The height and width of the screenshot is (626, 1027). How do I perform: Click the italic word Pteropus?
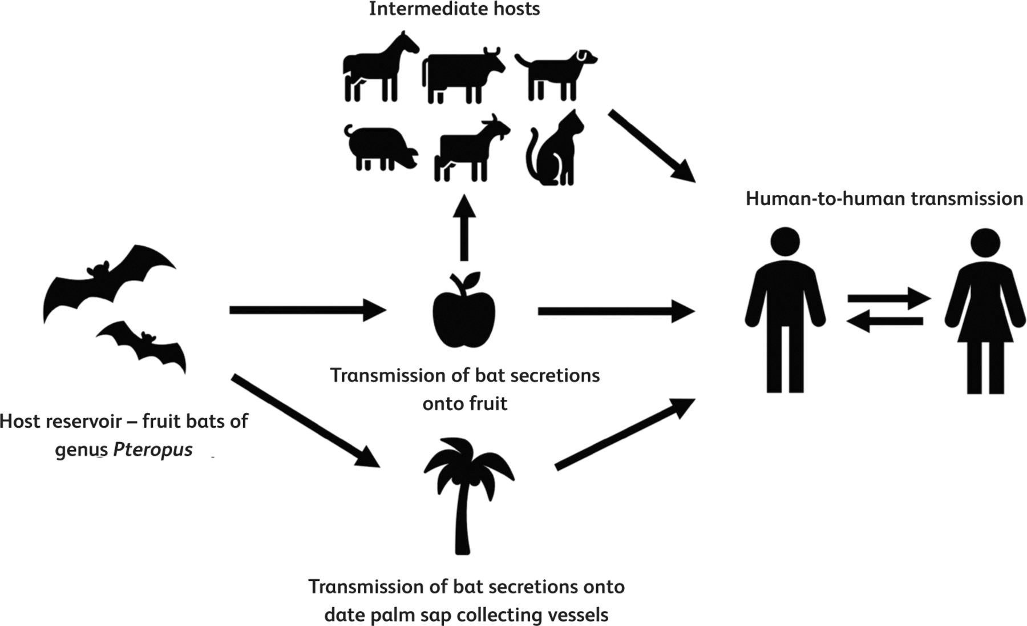click(153, 450)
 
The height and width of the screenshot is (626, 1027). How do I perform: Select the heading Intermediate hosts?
click(454, 9)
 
